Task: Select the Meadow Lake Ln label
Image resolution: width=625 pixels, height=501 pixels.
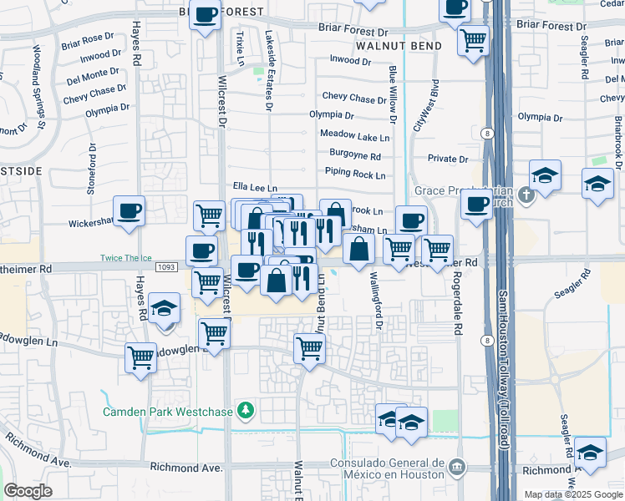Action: (x=354, y=135)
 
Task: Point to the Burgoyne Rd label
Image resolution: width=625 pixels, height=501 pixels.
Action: (x=354, y=155)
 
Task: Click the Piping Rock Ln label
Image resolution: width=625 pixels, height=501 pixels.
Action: (x=355, y=175)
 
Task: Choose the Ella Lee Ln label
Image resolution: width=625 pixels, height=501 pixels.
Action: (x=254, y=190)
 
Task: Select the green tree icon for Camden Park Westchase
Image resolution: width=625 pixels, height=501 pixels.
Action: (x=245, y=411)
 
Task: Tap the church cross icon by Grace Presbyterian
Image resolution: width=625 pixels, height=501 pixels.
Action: (x=525, y=195)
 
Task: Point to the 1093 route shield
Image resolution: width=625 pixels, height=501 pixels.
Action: (x=165, y=267)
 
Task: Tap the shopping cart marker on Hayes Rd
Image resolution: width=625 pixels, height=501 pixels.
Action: (x=141, y=357)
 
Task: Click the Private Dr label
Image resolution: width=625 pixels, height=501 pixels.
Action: (x=447, y=159)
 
